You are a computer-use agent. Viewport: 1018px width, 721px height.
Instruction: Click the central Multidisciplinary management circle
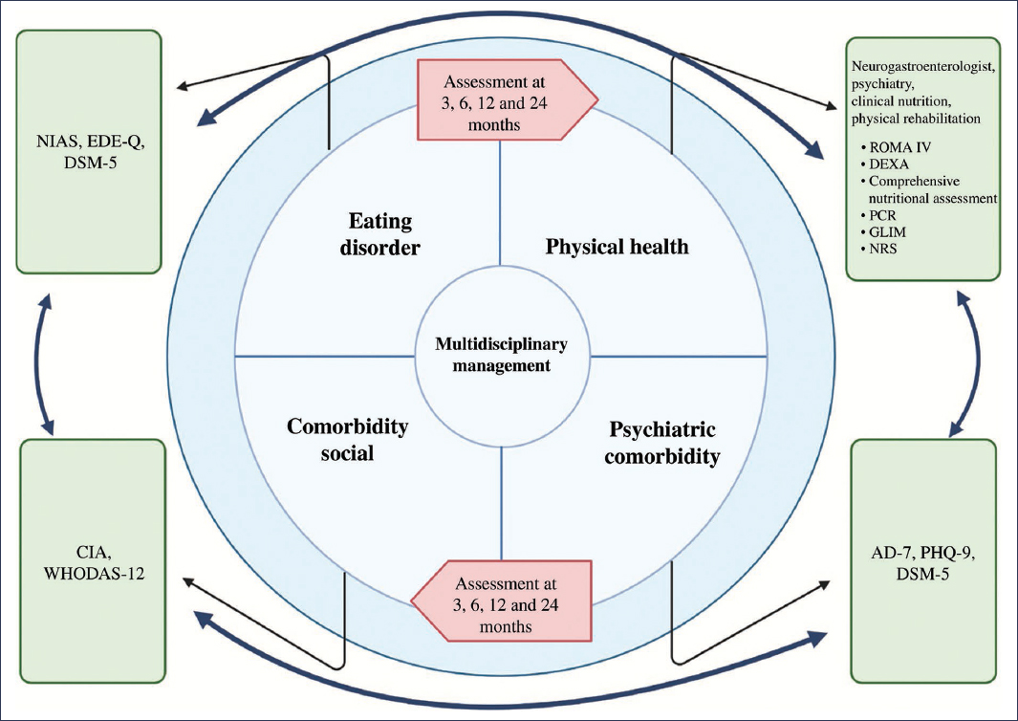coord(502,354)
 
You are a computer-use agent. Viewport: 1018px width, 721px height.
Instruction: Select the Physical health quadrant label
coord(617,247)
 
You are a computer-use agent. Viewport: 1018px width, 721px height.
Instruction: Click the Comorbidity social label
coord(348,439)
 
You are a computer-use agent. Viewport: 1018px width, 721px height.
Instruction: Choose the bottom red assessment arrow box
coord(503,599)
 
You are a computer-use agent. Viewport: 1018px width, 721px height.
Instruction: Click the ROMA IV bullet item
coord(899,149)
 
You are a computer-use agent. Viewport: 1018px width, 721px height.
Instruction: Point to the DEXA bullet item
coord(891,165)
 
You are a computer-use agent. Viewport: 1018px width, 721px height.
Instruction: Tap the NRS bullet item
coord(886,249)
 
